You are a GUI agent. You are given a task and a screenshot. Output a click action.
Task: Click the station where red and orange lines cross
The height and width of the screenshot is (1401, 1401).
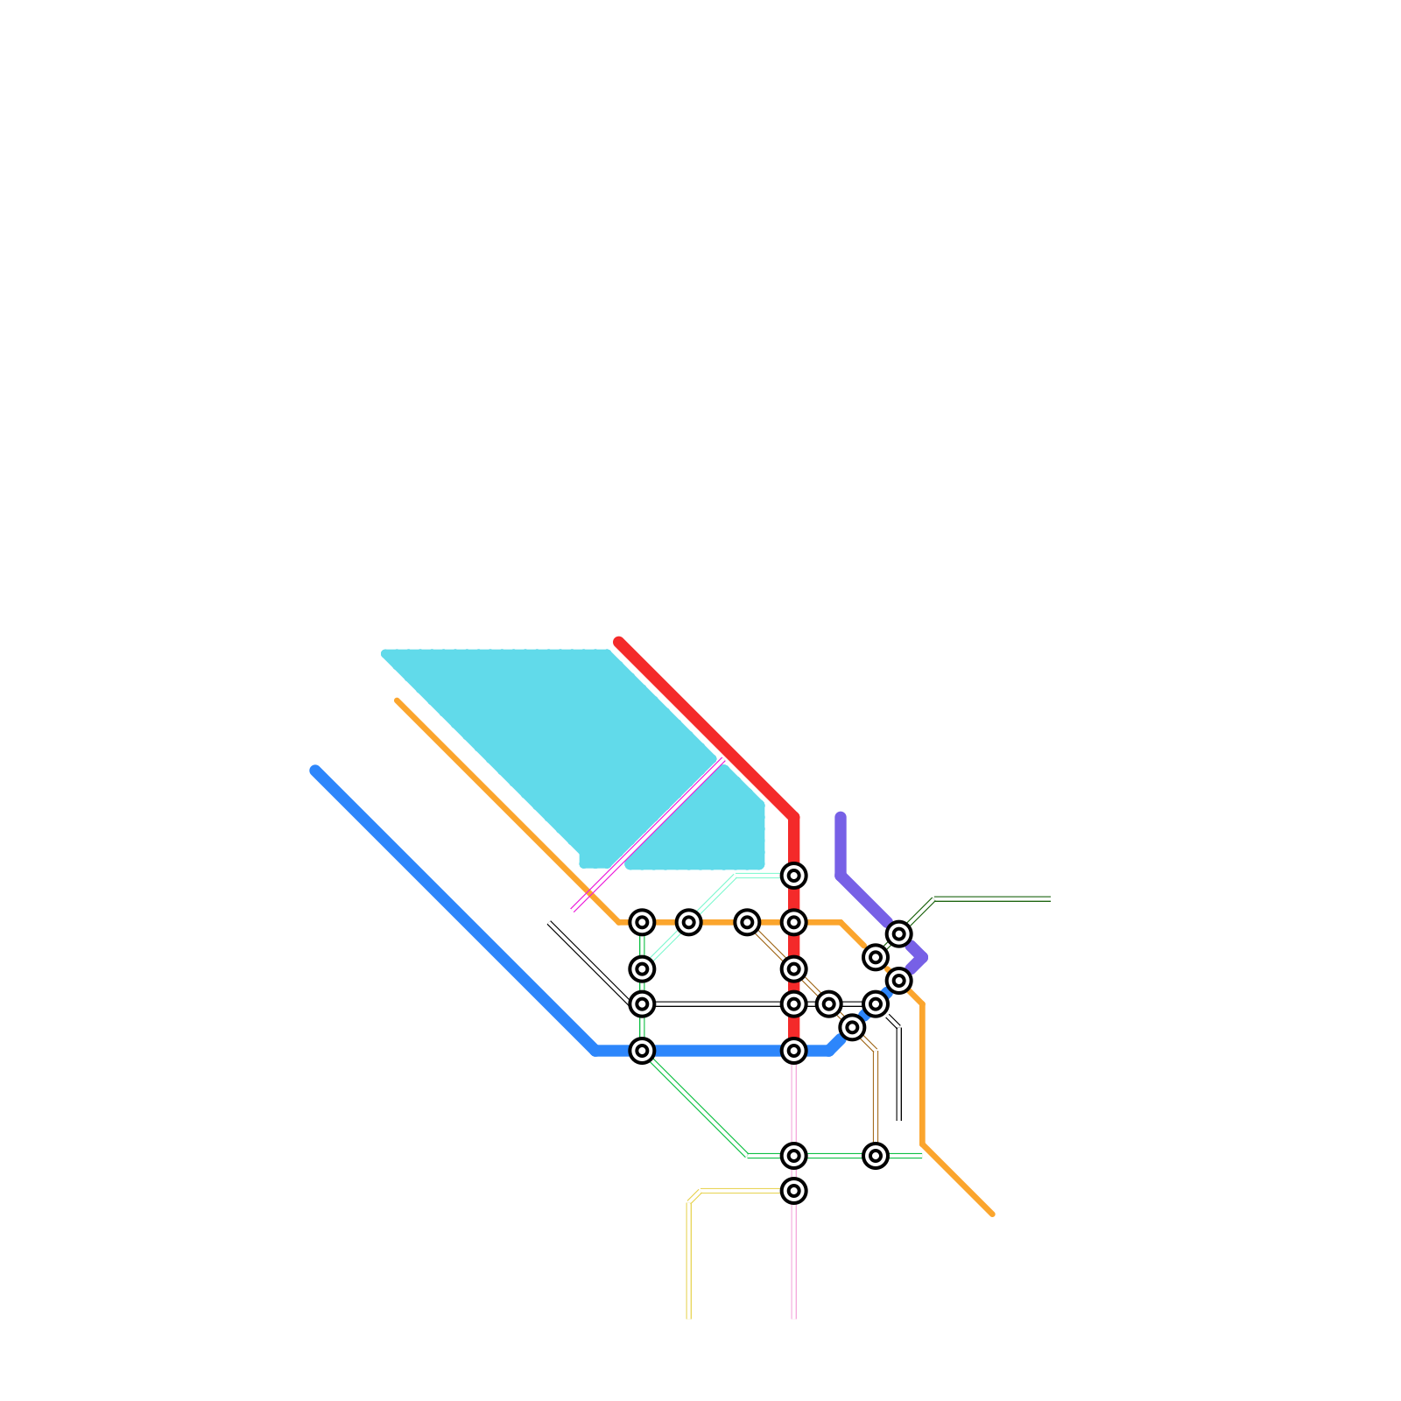pyautogui.click(x=793, y=922)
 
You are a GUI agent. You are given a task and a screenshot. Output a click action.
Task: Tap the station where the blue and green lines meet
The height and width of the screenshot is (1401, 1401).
pyautogui.click(x=642, y=1050)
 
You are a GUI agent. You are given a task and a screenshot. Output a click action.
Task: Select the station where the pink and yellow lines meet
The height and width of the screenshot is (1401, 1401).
pyautogui.click(x=793, y=1190)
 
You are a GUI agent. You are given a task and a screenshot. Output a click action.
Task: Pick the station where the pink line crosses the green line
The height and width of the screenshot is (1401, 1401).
pyautogui.click(x=793, y=1156)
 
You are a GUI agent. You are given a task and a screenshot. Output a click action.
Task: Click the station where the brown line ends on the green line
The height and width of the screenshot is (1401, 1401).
pyautogui.click(x=875, y=1156)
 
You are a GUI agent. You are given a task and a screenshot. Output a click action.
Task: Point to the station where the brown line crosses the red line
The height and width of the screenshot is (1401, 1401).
pyautogui.click(x=793, y=968)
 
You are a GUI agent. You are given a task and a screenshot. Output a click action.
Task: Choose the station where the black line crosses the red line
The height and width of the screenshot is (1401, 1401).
pyautogui.click(x=793, y=1003)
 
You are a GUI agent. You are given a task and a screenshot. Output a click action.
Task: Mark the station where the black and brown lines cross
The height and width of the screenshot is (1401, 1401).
pyautogui.click(x=828, y=1003)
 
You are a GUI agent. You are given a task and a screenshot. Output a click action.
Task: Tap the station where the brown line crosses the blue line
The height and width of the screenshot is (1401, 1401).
pyautogui.click(x=852, y=1027)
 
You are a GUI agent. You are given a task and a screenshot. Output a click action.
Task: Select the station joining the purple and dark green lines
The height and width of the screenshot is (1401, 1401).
pyautogui.click(x=898, y=934)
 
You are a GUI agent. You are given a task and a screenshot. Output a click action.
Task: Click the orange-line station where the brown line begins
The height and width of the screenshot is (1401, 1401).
pyautogui.click(x=747, y=922)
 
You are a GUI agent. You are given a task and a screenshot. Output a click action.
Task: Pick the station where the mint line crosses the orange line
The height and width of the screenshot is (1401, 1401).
pyautogui.click(x=688, y=922)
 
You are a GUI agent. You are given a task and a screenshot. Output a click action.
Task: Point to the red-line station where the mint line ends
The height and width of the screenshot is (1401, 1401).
pyautogui.click(x=793, y=875)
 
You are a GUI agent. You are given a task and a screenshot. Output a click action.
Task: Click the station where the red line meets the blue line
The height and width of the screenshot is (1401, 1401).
pyautogui.click(x=793, y=1050)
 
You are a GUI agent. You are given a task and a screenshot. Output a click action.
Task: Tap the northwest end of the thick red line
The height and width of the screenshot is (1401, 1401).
pyautogui.click(x=618, y=642)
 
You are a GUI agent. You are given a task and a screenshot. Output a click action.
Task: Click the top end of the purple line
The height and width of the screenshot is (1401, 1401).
pyautogui.click(x=841, y=817)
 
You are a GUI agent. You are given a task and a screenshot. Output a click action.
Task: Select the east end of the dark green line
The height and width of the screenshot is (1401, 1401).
pyautogui.click(x=1049, y=898)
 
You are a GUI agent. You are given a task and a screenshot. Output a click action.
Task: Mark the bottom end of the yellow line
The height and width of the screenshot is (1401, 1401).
pyautogui.click(x=688, y=1317)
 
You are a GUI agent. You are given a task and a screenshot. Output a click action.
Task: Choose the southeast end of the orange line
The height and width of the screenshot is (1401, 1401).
pyautogui.click(x=992, y=1214)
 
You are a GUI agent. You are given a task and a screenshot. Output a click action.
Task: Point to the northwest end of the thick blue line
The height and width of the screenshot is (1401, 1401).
pyautogui.click(x=315, y=771)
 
